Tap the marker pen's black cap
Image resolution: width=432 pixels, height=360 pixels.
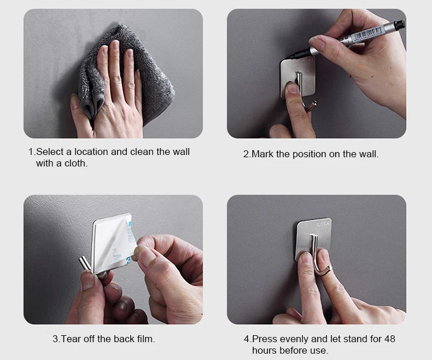(399, 25)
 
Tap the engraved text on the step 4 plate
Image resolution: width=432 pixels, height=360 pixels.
(323, 223)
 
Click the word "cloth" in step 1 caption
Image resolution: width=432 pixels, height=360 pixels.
(75, 164)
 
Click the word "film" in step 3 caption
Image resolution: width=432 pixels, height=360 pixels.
(146, 339)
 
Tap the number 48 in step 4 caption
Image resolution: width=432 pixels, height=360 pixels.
(389, 339)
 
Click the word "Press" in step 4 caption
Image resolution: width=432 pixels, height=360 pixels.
(264, 339)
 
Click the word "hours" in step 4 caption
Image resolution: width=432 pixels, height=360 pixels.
(264, 350)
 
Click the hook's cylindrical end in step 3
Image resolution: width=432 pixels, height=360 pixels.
(84, 263)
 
